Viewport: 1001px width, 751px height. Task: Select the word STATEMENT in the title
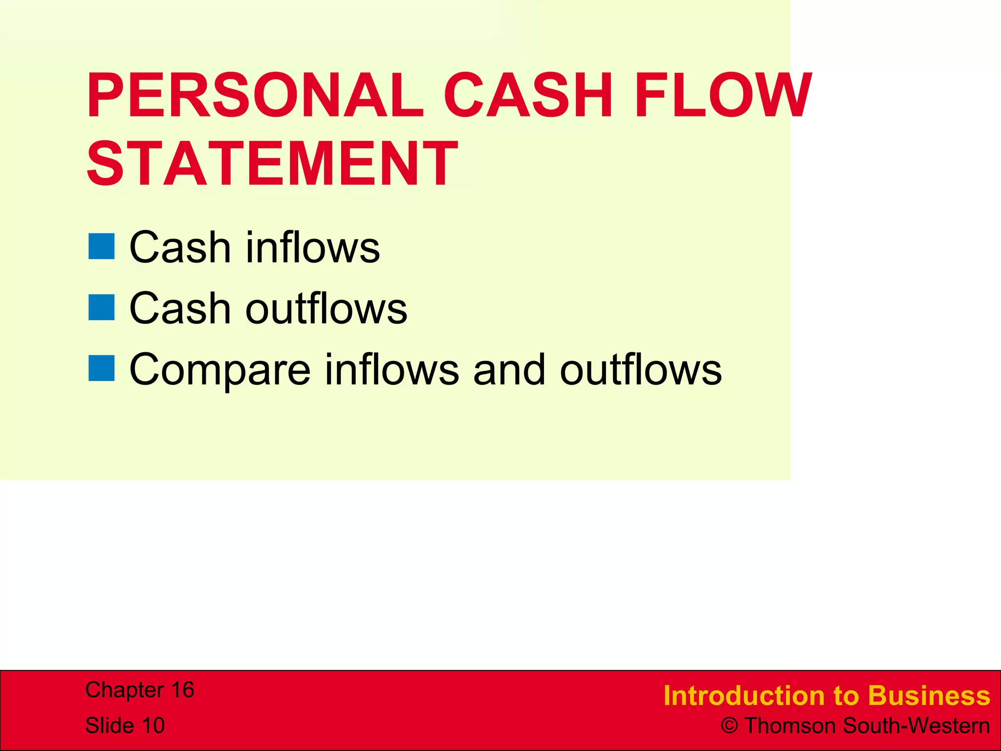[272, 163]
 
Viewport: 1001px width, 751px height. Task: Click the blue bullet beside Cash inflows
[102, 246]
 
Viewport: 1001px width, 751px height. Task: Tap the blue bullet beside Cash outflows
[102, 308]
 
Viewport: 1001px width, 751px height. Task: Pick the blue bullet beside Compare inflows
[102, 368]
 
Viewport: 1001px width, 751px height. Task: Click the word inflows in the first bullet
[313, 247]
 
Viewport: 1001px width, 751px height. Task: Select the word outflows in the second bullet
[326, 308]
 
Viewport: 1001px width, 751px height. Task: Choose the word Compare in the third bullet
[220, 370]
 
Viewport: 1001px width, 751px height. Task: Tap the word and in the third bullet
[509, 369]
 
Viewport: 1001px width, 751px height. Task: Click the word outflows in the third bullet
[641, 369]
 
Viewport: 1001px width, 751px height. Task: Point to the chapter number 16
[182, 690]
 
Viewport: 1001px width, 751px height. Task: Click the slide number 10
[153, 726]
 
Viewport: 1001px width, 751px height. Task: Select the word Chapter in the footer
[124, 690]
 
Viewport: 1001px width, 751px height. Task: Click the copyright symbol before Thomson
[729, 726]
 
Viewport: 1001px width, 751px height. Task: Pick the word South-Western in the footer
[916, 726]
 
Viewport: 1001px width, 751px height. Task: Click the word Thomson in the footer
[791, 726]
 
